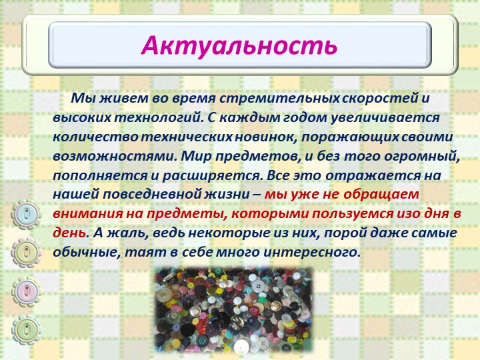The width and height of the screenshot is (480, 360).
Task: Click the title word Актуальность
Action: coord(239,45)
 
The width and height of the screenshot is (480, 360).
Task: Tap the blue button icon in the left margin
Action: coord(26,214)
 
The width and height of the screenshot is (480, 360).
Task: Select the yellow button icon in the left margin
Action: coord(26,253)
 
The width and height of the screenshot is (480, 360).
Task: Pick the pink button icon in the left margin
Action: coord(26,291)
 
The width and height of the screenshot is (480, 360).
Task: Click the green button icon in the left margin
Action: coord(26,330)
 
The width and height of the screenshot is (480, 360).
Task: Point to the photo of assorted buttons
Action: coord(234,310)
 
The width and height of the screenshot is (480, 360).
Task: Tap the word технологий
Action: coord(159,118)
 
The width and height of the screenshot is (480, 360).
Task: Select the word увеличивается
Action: coord(385,118)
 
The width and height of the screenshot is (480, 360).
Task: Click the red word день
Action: coord(69,233)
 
